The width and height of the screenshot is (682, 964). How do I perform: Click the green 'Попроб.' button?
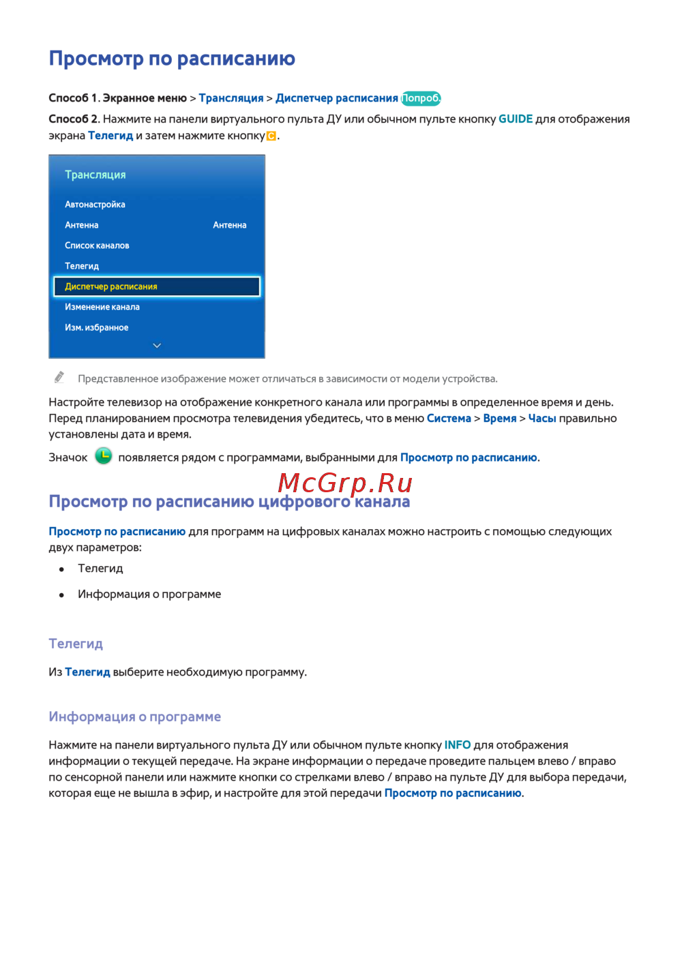point(421,98)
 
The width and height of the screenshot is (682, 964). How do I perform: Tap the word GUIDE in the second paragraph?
point(515,119)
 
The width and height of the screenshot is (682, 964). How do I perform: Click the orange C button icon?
point(271,136)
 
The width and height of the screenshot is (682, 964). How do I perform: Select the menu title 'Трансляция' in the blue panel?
point(95,175)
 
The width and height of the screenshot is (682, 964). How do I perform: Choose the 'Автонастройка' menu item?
point(95,205)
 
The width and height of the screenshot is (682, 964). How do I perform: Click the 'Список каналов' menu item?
point(97,245)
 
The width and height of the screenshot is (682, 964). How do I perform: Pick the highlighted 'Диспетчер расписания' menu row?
point(157,286)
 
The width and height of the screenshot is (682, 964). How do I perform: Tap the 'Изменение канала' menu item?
point(102,307)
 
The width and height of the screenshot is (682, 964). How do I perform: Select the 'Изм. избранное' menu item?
point(96,327)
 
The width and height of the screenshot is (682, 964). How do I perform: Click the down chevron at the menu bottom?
point(157,346)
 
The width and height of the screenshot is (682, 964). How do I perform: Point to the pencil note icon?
point(59,378)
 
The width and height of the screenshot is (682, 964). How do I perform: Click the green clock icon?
point(103,456)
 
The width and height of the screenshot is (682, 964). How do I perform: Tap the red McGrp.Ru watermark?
point(345,483)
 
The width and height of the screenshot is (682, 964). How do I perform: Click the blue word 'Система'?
point(449,419)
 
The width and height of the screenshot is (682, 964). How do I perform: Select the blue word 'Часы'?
point(542,419)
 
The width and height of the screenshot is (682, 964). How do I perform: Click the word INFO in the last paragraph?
point(457,745)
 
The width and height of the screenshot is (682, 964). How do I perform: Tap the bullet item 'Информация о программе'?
point(149,594)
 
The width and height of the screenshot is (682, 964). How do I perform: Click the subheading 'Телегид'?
point(76,644)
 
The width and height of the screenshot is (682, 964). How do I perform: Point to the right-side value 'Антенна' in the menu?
point(229,225)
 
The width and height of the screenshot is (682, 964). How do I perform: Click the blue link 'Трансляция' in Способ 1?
point(231,98)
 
